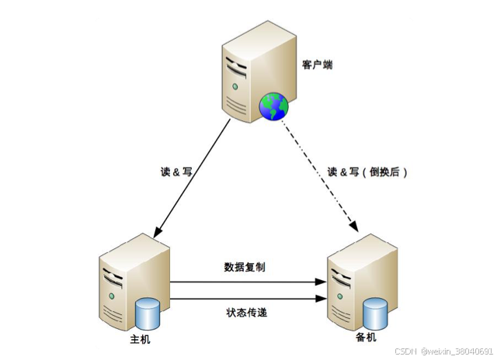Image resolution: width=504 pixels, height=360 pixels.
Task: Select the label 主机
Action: pyautogui.click(x=141, y=340)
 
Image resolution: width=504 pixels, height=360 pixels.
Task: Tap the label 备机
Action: pyautogui.click(x=365, y=340)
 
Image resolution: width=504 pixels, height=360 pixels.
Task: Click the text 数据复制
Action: pyautogui.click(x=245, y=267)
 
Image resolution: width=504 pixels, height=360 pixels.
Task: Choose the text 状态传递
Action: pyautogui.click(x=245, y=313)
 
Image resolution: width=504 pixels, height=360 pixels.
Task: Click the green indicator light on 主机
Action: pyautogui.click(x=112, y=297)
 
